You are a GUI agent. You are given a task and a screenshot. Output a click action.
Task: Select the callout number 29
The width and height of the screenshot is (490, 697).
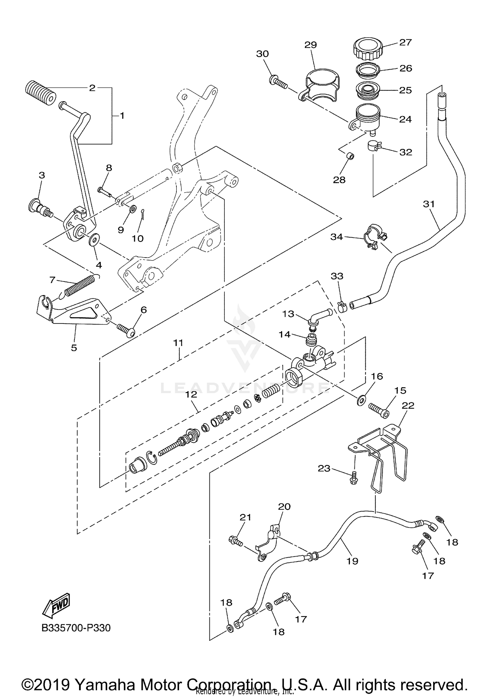click(310, 45)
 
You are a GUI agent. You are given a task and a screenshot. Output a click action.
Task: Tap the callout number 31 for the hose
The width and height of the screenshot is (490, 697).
click(429, 204)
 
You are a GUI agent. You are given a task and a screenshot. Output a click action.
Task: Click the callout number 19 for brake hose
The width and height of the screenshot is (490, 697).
click(352, 561)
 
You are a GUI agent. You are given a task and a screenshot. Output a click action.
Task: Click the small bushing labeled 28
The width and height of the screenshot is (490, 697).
click(351, 157)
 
